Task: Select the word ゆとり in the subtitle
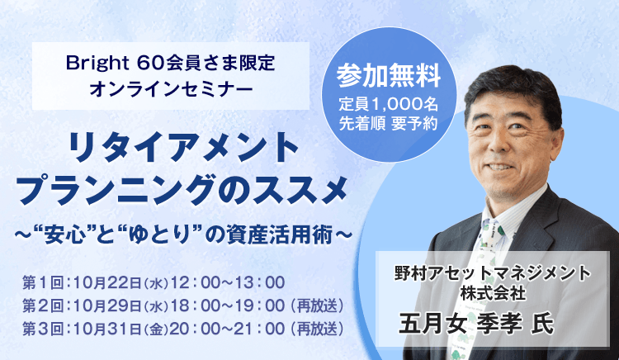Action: point(188,234)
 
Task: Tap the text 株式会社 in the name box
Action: point(493,291)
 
